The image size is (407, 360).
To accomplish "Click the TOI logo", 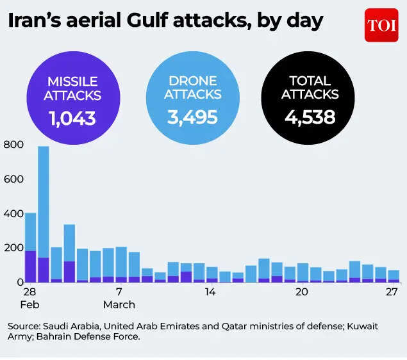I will pos(381,25).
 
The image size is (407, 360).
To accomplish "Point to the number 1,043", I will pos(74,118).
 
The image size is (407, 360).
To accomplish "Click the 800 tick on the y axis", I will pos(13,145).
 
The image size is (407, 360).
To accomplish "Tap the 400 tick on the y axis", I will pos(13,213).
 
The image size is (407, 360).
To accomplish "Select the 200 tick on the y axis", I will pos(13,248).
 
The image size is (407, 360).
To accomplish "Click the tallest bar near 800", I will pos(44,211).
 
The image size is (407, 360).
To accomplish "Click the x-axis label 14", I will pos(210,291).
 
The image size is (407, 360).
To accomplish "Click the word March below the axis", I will pos(119,304).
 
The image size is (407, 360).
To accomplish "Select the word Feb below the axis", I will pos(29,304).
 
